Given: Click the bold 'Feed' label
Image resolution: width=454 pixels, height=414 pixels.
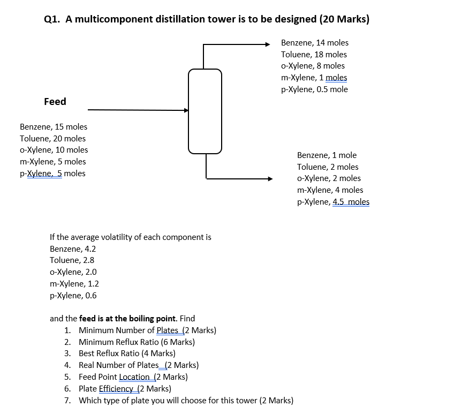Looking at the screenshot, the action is point(55,102).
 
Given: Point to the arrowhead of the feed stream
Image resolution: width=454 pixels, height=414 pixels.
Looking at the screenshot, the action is point(186,111).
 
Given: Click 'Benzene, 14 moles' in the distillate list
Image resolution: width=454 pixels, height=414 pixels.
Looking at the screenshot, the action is point(314,43).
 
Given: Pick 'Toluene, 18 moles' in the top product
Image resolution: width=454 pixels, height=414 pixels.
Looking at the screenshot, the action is point(314,55).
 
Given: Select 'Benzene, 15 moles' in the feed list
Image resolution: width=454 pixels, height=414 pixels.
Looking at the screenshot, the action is point(54,127).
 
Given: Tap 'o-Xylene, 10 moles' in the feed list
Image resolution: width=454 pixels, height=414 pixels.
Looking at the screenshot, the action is point(54,150).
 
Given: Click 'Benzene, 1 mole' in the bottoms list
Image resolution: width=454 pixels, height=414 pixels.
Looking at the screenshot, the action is point(327,155).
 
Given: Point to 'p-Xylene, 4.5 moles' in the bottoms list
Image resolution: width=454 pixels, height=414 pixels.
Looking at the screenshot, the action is point(333,202).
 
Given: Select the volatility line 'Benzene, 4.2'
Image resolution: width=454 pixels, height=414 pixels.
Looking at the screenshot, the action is point(73,249).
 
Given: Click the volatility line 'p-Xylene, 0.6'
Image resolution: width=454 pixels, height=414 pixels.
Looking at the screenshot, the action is point(73,295).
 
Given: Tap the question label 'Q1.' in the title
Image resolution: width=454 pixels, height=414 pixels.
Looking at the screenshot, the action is point(52,19).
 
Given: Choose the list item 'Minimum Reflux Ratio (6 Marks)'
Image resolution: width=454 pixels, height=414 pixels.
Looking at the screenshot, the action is point(137,342).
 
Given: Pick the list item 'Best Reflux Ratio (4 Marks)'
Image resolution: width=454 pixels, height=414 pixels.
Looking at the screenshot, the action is point(127,353).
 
